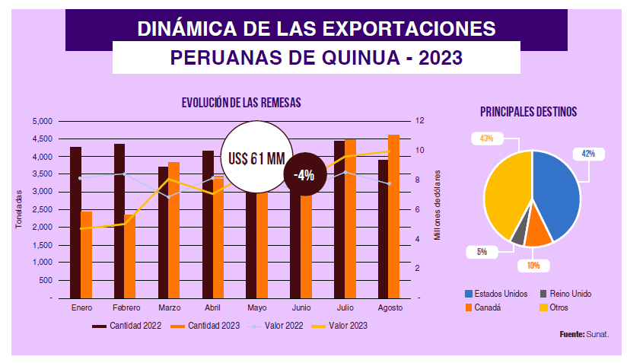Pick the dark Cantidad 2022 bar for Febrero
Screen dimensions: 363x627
click(119, 221)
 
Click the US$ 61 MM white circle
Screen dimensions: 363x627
click(256, 159)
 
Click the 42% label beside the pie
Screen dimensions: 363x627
click(588, 153)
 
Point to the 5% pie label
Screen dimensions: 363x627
click(482, 251)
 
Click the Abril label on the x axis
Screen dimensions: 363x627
click(214, 308)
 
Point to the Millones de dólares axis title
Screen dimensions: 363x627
click(438, 205)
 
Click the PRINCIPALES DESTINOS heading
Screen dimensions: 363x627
click(528, 112)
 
